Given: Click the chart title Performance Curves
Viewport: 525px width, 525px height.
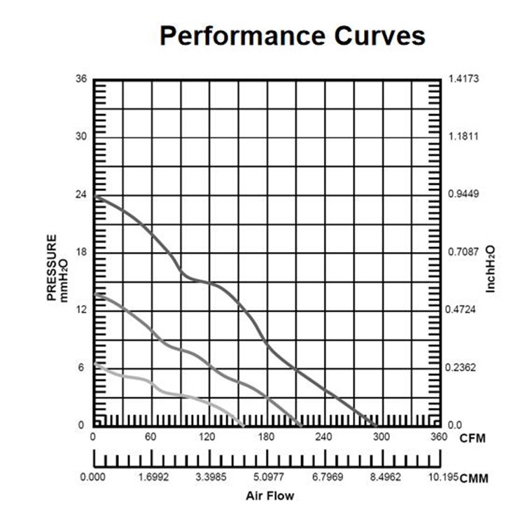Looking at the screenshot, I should tap(292, 36).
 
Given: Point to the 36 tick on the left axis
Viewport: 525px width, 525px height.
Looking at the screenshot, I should tap(81, 78).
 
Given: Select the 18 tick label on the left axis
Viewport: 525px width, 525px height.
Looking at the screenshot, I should tap(81, 251).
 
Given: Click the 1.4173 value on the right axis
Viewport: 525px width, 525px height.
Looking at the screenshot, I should tap(463, 78).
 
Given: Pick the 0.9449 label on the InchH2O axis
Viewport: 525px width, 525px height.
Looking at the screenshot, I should tap(463, 194).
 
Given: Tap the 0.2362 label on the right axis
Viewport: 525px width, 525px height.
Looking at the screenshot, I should tap(463, 367).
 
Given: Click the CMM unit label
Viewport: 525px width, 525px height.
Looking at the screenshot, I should tap(474, 479).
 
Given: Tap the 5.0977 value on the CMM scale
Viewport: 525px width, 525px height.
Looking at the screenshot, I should tap(265, 478).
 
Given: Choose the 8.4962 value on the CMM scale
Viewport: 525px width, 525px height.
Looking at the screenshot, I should tap(381, 478).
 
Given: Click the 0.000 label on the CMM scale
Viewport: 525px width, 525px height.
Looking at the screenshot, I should tap(93, 478).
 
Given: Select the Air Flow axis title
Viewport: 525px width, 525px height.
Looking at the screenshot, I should tap(269, 496).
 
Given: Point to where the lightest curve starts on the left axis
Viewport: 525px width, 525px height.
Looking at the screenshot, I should tap(94, 364).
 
